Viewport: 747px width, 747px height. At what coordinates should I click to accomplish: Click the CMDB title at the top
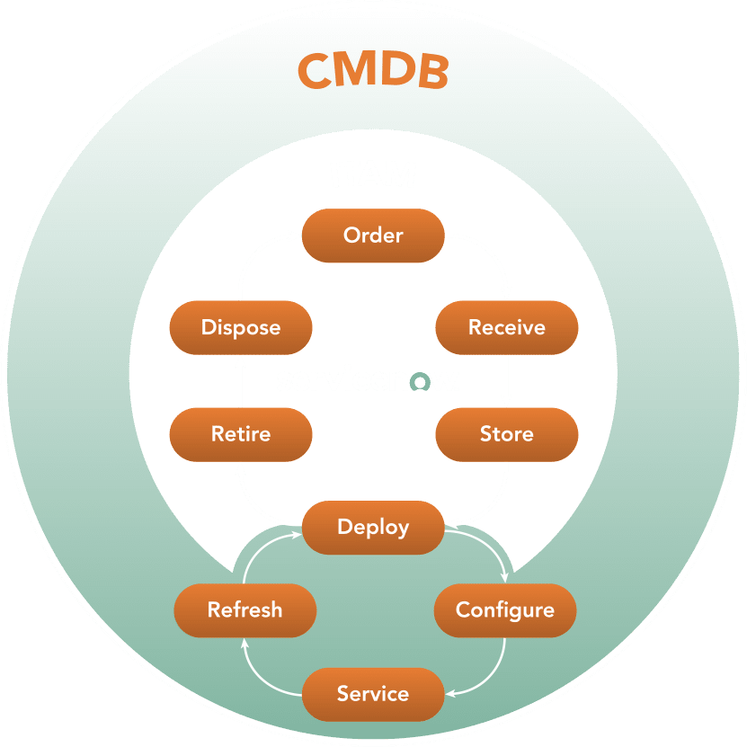tap(373, 71)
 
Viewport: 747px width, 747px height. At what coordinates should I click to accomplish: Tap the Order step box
tap(373, 236)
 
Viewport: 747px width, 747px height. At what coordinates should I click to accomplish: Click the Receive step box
tap(506, 327)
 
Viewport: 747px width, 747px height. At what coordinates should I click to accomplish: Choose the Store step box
tap(506, 434)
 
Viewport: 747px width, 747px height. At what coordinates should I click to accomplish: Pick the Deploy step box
tap(373, 527)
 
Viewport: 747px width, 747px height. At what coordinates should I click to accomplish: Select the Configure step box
tap(504, 610)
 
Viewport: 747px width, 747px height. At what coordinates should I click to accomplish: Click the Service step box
tap(373, 694)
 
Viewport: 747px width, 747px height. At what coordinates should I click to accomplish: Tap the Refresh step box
tap(245, 610)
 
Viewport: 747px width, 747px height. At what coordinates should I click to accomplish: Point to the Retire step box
tap(241, 434)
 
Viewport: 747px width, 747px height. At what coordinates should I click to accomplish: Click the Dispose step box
tap(241, 327)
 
